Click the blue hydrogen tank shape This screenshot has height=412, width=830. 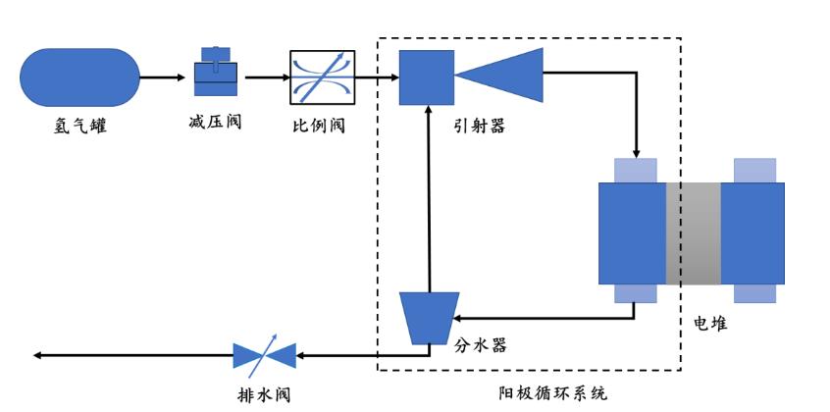tap(79, 77)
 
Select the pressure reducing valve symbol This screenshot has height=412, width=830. tap(216, 75)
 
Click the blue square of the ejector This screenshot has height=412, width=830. tap(426, 77)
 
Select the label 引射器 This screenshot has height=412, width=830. tap(480, 126)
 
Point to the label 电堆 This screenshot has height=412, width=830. tap(711, 323)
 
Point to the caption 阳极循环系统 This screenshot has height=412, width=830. tap(553, 393)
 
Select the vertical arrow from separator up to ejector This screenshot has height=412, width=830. tap(427, 196)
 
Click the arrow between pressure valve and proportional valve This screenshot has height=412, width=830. tap(265, 77)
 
